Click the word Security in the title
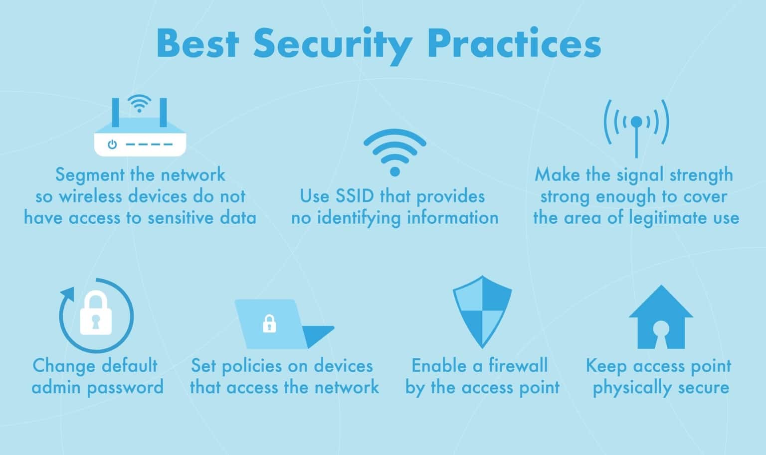[x=332, y=44]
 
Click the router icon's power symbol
[x=113, y=145]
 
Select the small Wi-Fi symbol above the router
[x=139, y=104]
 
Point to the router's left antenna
[x=116, y=112]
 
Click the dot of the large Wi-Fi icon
[x=395, y=171]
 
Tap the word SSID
[x=355, y=196]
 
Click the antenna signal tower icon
[x=636, y=127]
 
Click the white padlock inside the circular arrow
[x=96, y=314]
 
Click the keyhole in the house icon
[x=661, y=331]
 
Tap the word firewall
[x=518, y=366]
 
